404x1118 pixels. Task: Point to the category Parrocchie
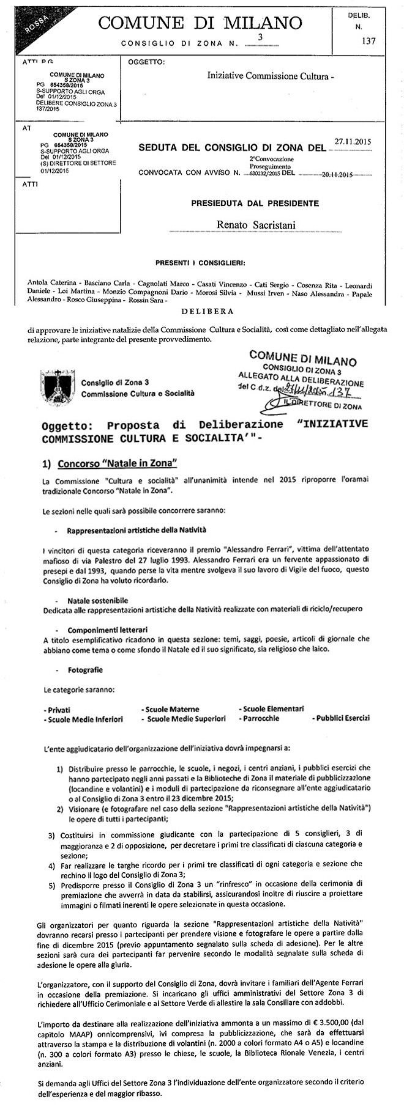(x=261, y=719)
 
